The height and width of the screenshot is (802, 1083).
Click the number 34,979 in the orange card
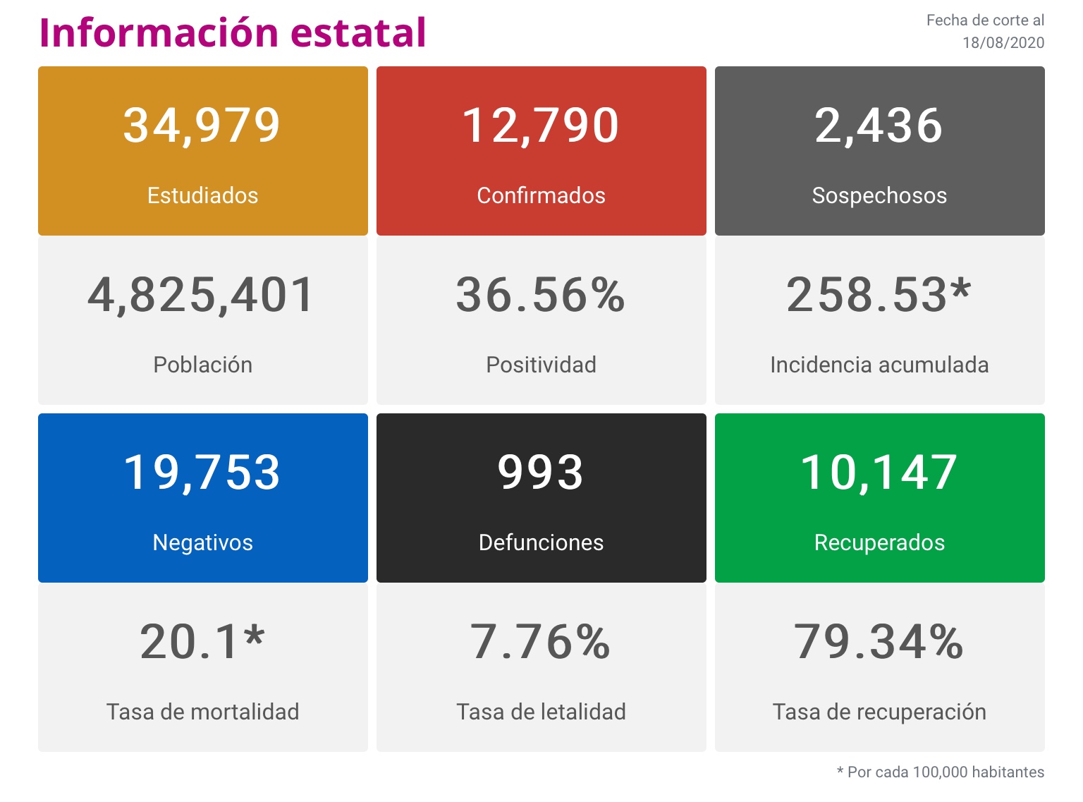coord(202,126)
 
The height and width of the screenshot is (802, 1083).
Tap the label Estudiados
coord(202,195)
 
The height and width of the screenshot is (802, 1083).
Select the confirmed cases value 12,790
coord(541,126)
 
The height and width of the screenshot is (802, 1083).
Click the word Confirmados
coord(541,195)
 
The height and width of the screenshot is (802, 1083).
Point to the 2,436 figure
coord(879,126)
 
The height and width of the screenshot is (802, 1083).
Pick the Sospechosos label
coord(879,195)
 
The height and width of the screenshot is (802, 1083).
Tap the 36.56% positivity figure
coord(541,295)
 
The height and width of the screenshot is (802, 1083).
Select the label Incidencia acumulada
coord(879,365)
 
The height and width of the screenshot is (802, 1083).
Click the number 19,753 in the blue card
coord(202,472)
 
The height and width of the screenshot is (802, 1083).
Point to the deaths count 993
coord(541,472)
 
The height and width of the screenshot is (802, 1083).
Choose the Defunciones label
coord(541,542)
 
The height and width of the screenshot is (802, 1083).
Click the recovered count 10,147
coord(879,472)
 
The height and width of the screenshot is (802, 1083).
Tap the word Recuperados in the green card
coord(879,542)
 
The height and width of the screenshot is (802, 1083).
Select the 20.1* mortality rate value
coord(202,642)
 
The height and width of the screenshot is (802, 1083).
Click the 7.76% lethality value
coord(541,642)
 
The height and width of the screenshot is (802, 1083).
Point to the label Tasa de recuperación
coord(879,712)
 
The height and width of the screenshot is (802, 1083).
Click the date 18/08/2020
coord(1003,42)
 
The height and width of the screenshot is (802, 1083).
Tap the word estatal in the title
coord(358,32)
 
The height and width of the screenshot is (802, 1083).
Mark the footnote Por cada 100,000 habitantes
coord(946,772)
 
